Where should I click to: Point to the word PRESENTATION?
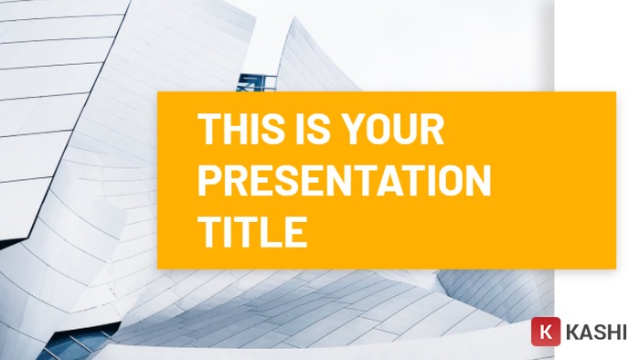point(345,181)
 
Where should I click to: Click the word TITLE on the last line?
point(252,232)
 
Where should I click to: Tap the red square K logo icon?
point(545,331)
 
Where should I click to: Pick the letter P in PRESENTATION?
point(210,181)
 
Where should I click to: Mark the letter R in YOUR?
point(432,130)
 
